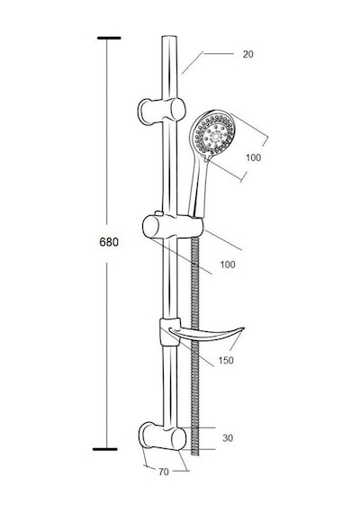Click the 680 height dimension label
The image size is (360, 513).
coord(109,242)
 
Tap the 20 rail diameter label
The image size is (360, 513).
coord(248,54)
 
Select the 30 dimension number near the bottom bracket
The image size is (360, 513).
coord(228,437)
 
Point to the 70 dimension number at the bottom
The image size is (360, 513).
coord(164,472)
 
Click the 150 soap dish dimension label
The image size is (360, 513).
coord(226,360)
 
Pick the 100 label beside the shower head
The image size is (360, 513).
coord(254,157)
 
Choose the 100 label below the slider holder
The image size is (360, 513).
coord(228,265)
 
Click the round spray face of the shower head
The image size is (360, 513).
coord(213,134)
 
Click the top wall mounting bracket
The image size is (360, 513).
coord(161,111)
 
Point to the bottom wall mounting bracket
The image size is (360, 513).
coord(162,436)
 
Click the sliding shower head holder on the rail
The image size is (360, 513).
coord(173,227)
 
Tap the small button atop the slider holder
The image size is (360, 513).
coord(159,213)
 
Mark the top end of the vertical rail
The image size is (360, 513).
coord(169,37)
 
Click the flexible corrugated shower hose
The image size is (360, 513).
coord(195,344)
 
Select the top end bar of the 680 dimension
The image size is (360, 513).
coord(109,39)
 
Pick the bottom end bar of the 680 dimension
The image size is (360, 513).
coord(104,449)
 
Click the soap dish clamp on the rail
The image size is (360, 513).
coord(169,331)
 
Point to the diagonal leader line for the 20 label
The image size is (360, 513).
coord(193,63)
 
